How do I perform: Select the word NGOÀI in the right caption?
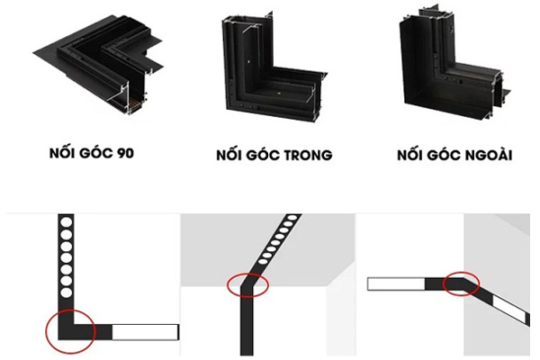[488, 155]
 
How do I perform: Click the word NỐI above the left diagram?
[60, 152]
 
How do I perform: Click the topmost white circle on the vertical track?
[66, 223]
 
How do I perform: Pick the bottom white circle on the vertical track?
[66, 292]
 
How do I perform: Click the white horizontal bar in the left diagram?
[145, 332]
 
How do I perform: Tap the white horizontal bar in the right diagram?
[396, 283]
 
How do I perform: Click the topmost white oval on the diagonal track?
[292, 218]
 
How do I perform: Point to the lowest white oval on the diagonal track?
[264, 262]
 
